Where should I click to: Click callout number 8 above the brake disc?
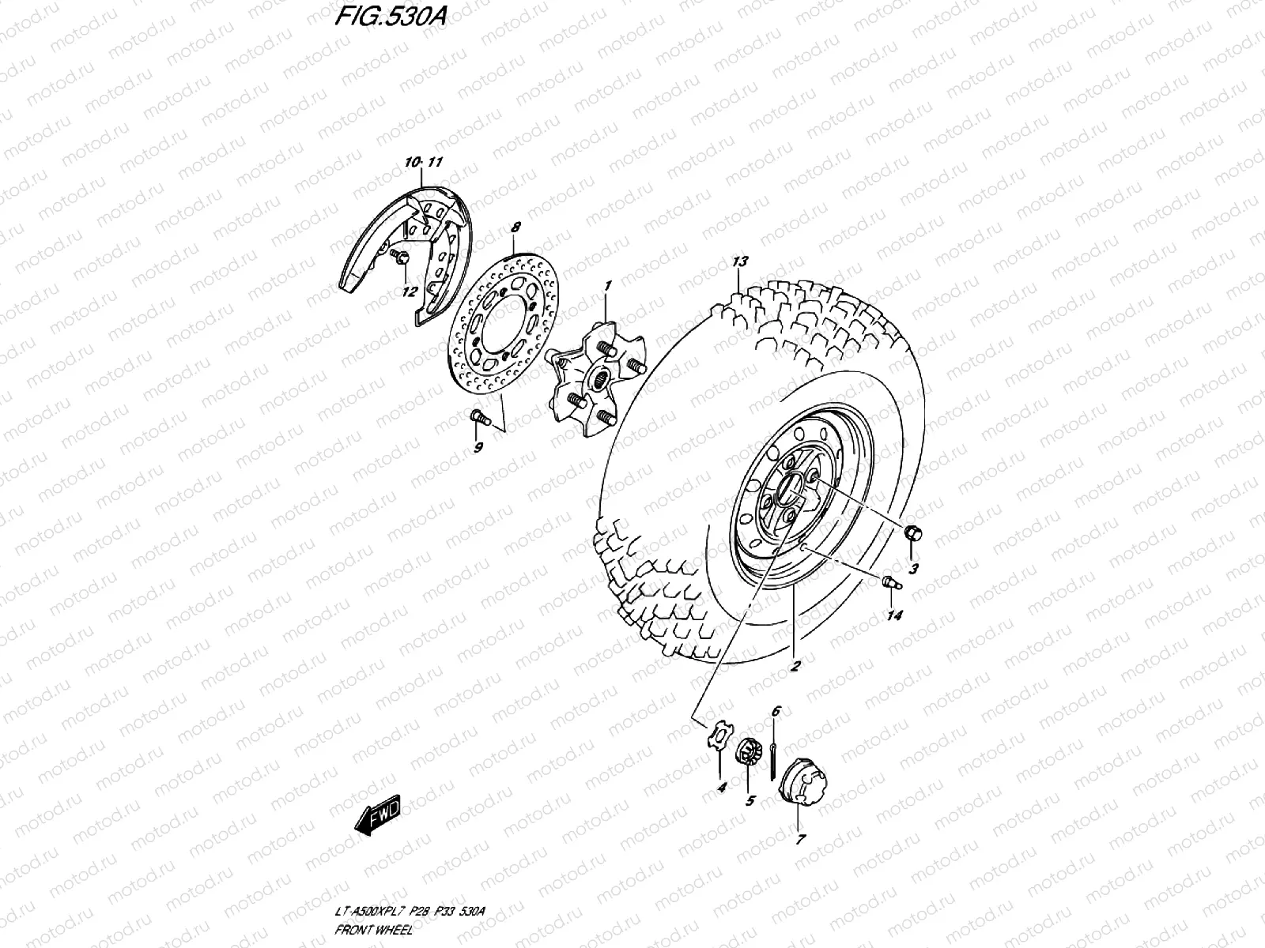pos(515,228)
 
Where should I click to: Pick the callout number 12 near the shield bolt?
pos(409,292)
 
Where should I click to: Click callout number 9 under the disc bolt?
pos(478,449)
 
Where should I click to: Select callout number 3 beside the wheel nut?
pos(913,568)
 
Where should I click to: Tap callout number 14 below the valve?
pos(894,615)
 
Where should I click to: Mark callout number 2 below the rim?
pos(794,666)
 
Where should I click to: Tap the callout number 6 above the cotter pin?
pos(775,712)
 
